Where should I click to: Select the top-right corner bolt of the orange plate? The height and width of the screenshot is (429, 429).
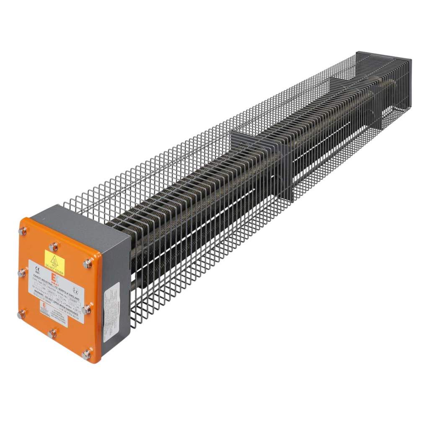click(x=87, y=264)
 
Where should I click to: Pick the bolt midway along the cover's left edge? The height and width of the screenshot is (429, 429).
click(x=21, y=273)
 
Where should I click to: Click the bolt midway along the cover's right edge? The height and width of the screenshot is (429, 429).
click(x=87, y=310)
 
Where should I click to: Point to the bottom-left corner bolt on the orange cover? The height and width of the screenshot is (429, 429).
click(x=21, y=315)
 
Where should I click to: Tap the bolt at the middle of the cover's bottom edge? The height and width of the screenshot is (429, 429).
click(x=52, y=333)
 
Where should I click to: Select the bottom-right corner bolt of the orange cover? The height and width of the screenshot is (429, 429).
click(x=86, y=355)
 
